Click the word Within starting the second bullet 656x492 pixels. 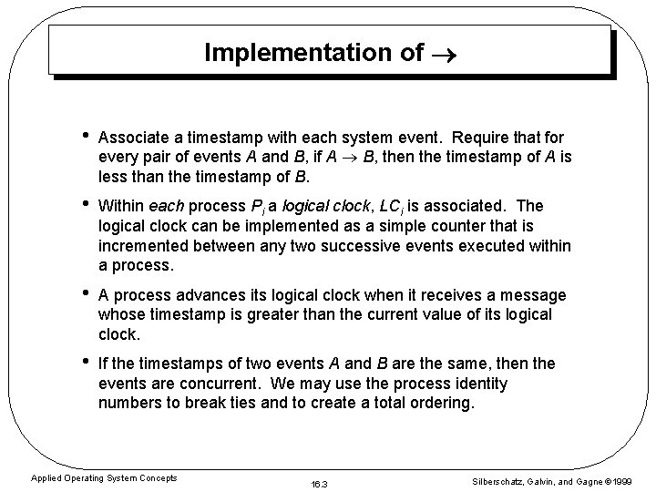tap(122, 207)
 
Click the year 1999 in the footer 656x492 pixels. tap(634, 480)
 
